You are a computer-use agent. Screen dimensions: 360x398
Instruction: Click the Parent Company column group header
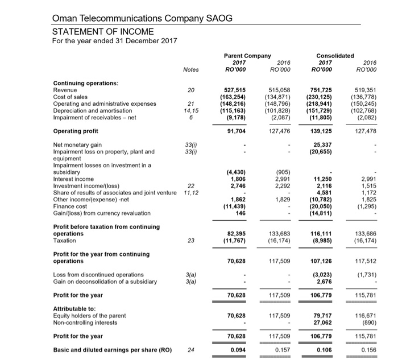coord(248,55)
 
